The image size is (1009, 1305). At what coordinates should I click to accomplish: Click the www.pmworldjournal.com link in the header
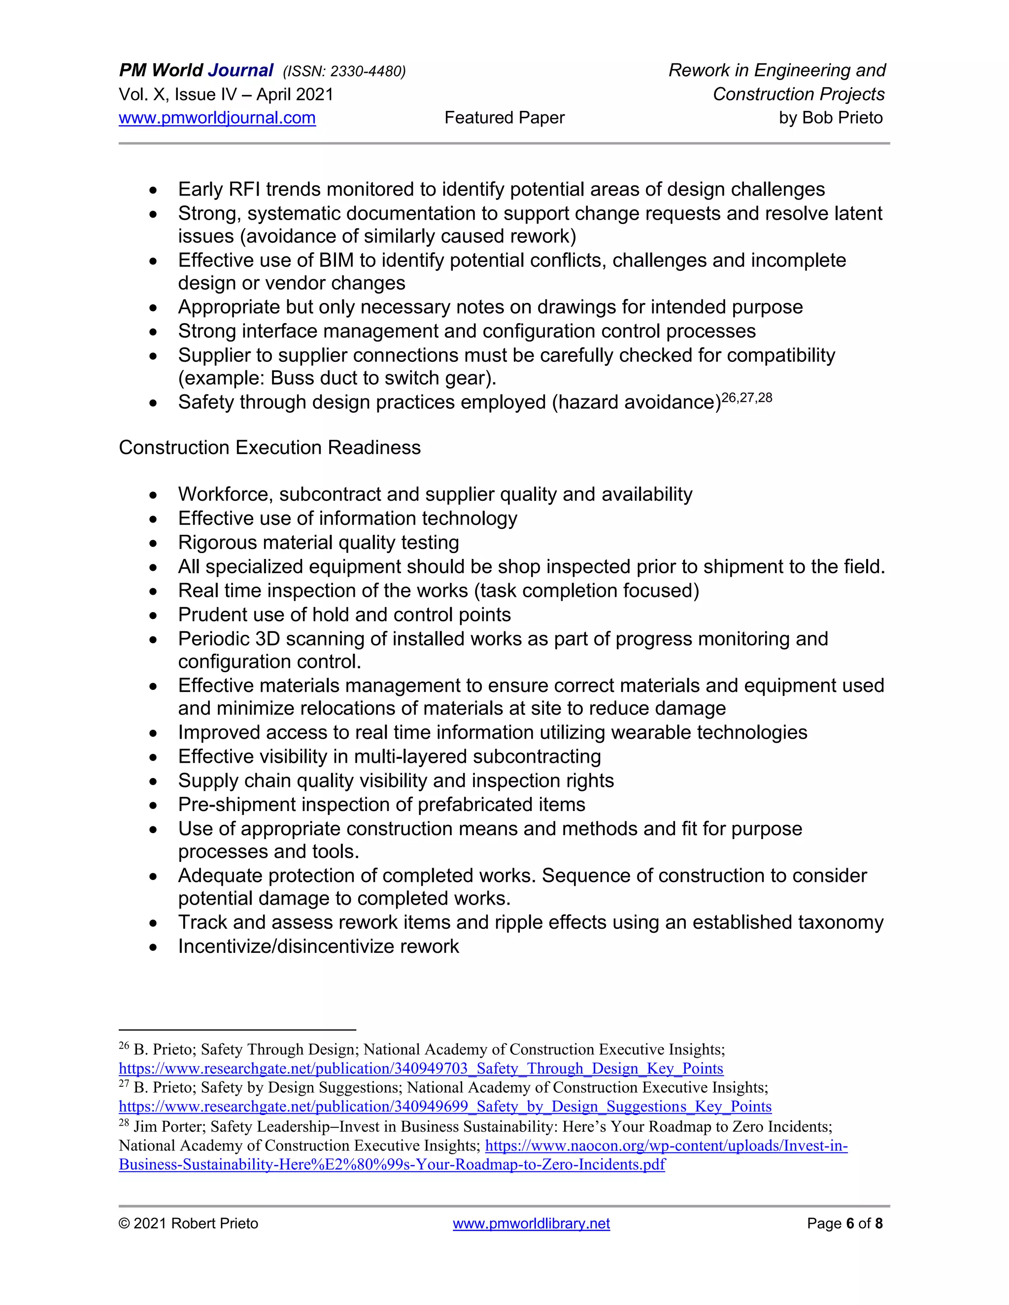click(217, 118)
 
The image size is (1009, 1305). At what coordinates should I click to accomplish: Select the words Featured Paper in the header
click(504, 118)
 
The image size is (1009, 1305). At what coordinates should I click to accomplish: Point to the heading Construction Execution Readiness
click(269, 448)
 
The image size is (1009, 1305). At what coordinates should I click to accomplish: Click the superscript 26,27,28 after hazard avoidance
click(747, 397)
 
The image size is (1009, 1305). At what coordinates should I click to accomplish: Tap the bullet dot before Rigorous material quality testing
click(154, 543)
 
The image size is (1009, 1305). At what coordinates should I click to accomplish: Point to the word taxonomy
click(841, 922)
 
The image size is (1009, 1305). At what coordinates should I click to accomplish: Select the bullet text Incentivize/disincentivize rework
click(319, 946)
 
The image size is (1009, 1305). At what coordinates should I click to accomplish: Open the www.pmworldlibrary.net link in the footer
click(531, 1223)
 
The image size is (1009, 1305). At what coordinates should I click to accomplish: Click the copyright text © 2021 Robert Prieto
click(188, 1223)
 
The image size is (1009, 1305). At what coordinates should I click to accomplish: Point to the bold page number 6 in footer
click(850, 1223)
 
